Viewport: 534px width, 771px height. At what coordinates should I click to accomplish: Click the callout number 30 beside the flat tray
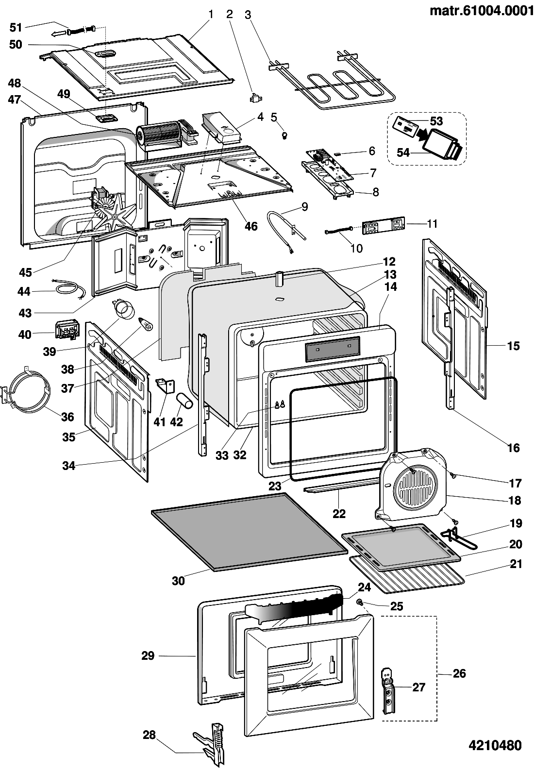click(x=179, y=580)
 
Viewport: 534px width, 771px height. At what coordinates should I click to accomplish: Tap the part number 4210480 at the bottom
click(x=495, y=745)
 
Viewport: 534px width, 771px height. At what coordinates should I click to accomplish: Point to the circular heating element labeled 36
click(x=28, y=391)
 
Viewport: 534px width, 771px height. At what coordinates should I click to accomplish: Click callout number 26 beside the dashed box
click(x=459, y=673)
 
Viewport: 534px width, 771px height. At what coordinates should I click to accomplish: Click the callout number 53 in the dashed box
click(x=436, y=121)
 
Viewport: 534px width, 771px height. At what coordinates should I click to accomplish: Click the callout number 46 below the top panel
click(x=251, y=226)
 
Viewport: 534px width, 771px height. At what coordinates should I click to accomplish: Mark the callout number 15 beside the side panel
click(x=513, y=346)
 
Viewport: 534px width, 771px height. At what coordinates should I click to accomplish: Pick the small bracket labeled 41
click(x=165, y=385)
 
